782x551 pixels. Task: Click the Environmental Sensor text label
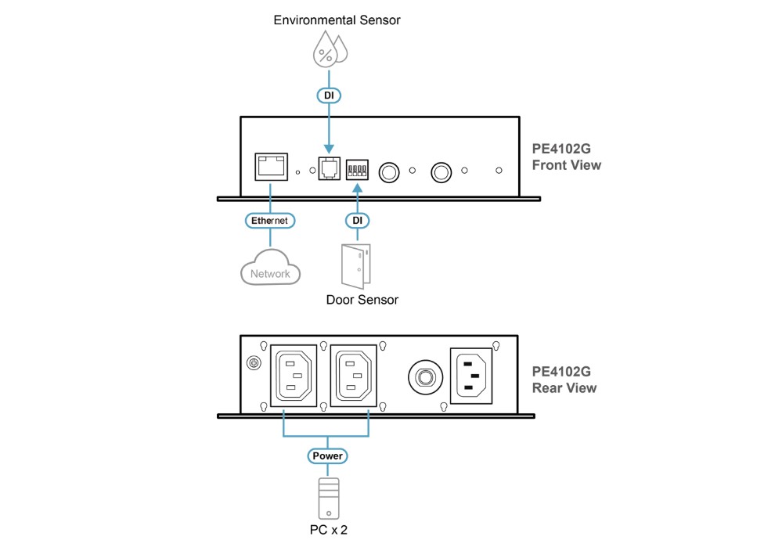(337, 20)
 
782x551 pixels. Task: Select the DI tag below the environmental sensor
(329, 95)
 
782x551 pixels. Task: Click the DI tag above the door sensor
(357, 221)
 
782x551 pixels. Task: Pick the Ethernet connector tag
(270, 221)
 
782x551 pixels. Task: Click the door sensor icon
(356, 266)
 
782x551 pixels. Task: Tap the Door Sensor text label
(362, 300)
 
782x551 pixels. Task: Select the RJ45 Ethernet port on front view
(272, 167)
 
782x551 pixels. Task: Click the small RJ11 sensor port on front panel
(329, 167)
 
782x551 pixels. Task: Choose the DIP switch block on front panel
(357, 170)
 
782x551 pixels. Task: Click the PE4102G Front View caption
(567, 157)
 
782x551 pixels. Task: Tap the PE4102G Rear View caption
(564, 380)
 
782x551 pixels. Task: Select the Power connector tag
(327, 456)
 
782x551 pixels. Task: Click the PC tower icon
(329, 499)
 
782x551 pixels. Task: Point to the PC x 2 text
(328, 530)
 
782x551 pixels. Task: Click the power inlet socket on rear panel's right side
(471, 376)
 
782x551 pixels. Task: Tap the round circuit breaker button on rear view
(425, 377)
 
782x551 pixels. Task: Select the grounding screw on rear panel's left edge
(254, 363)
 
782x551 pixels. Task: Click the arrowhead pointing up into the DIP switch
(357, 188)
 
